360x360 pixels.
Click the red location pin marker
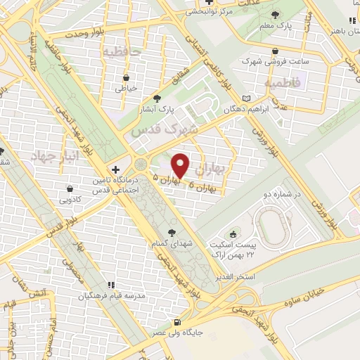pyautogui.click(x=181, y=166)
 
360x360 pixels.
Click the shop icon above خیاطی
pyautogui.click(x=126, y=77)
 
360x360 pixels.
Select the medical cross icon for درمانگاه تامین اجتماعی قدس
pyautogui.click(x=116, y=170)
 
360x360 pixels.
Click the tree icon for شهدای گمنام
pyautogui.click(x=172, y=233)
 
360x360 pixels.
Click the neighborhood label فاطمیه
pyautogui.click(x=282, y=83)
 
